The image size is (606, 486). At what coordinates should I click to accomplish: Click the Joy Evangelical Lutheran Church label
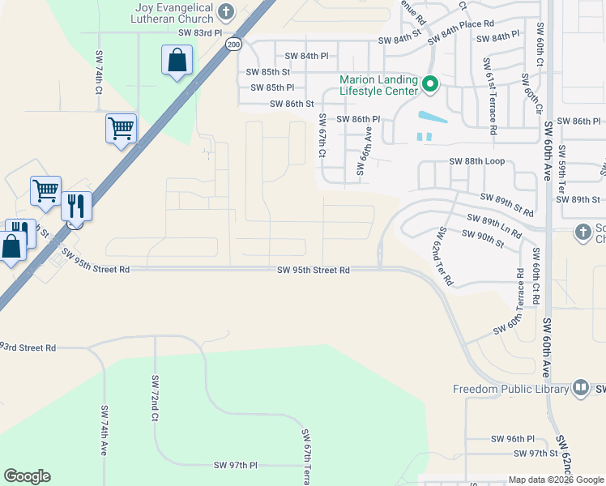tap(174, 13)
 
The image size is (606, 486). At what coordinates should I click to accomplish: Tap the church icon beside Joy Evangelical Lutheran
tap(226, 13)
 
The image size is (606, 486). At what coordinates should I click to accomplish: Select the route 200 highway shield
tap(233, 44)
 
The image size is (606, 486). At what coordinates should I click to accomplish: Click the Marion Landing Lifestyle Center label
tap(378, 86)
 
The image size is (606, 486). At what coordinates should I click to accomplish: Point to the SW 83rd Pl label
tap(200, 32)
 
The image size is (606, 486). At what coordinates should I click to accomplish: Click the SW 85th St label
tap(268, 72)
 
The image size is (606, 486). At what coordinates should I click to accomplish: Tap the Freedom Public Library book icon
tap(580, 389)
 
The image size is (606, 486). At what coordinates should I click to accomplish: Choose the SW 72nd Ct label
tap(154, 396)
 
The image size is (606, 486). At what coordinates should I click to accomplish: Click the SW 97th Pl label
tap(235, 465)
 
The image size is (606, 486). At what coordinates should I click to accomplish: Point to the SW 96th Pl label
tap(514, 439)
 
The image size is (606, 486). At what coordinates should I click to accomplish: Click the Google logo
tap(28, 476)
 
